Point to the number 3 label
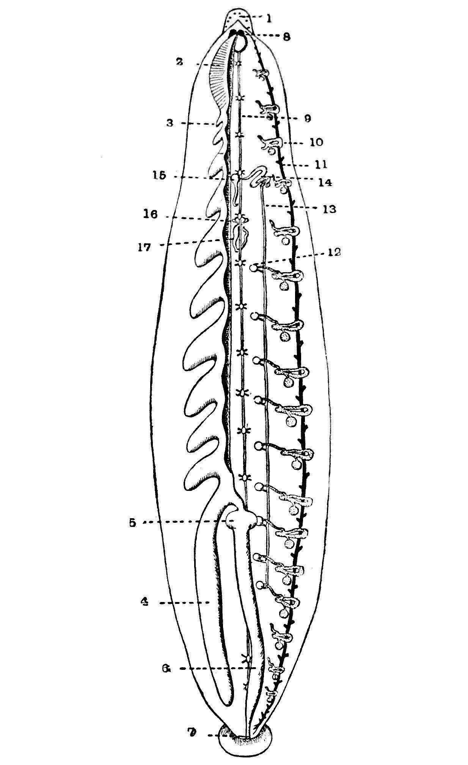(x=170, y=123)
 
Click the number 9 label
(x=307, y=119)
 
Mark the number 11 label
(x=321, y=165)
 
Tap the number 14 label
(x=325, y=182)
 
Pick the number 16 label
(x=151, y=215)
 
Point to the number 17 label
(x=144, y=247)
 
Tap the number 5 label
(x=132, y=523)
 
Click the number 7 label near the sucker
(x=193, y=733)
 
